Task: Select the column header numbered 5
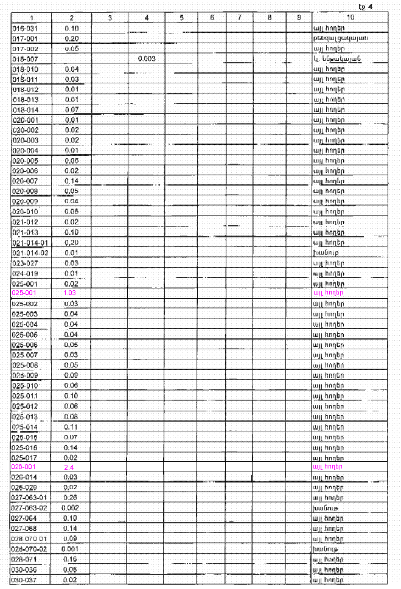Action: (182, 18)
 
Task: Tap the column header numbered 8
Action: (269, 18)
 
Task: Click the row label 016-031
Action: (25, 28)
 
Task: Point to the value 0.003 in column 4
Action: (147, 58)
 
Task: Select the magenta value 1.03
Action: (71, 293)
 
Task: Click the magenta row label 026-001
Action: (25, 467)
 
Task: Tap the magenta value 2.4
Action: (71, 467)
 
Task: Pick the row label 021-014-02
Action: (30, 253)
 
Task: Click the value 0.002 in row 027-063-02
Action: (71, 507)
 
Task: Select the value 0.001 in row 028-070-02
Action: (71, 548)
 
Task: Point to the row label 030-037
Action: (25, 579)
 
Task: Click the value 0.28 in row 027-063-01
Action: (71, 497)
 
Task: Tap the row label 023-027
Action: (25, 263)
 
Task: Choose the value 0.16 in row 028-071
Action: (71, 559)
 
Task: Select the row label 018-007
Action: (25, 58)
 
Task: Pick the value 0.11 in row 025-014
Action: (71, 426)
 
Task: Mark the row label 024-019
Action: (25, 273)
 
